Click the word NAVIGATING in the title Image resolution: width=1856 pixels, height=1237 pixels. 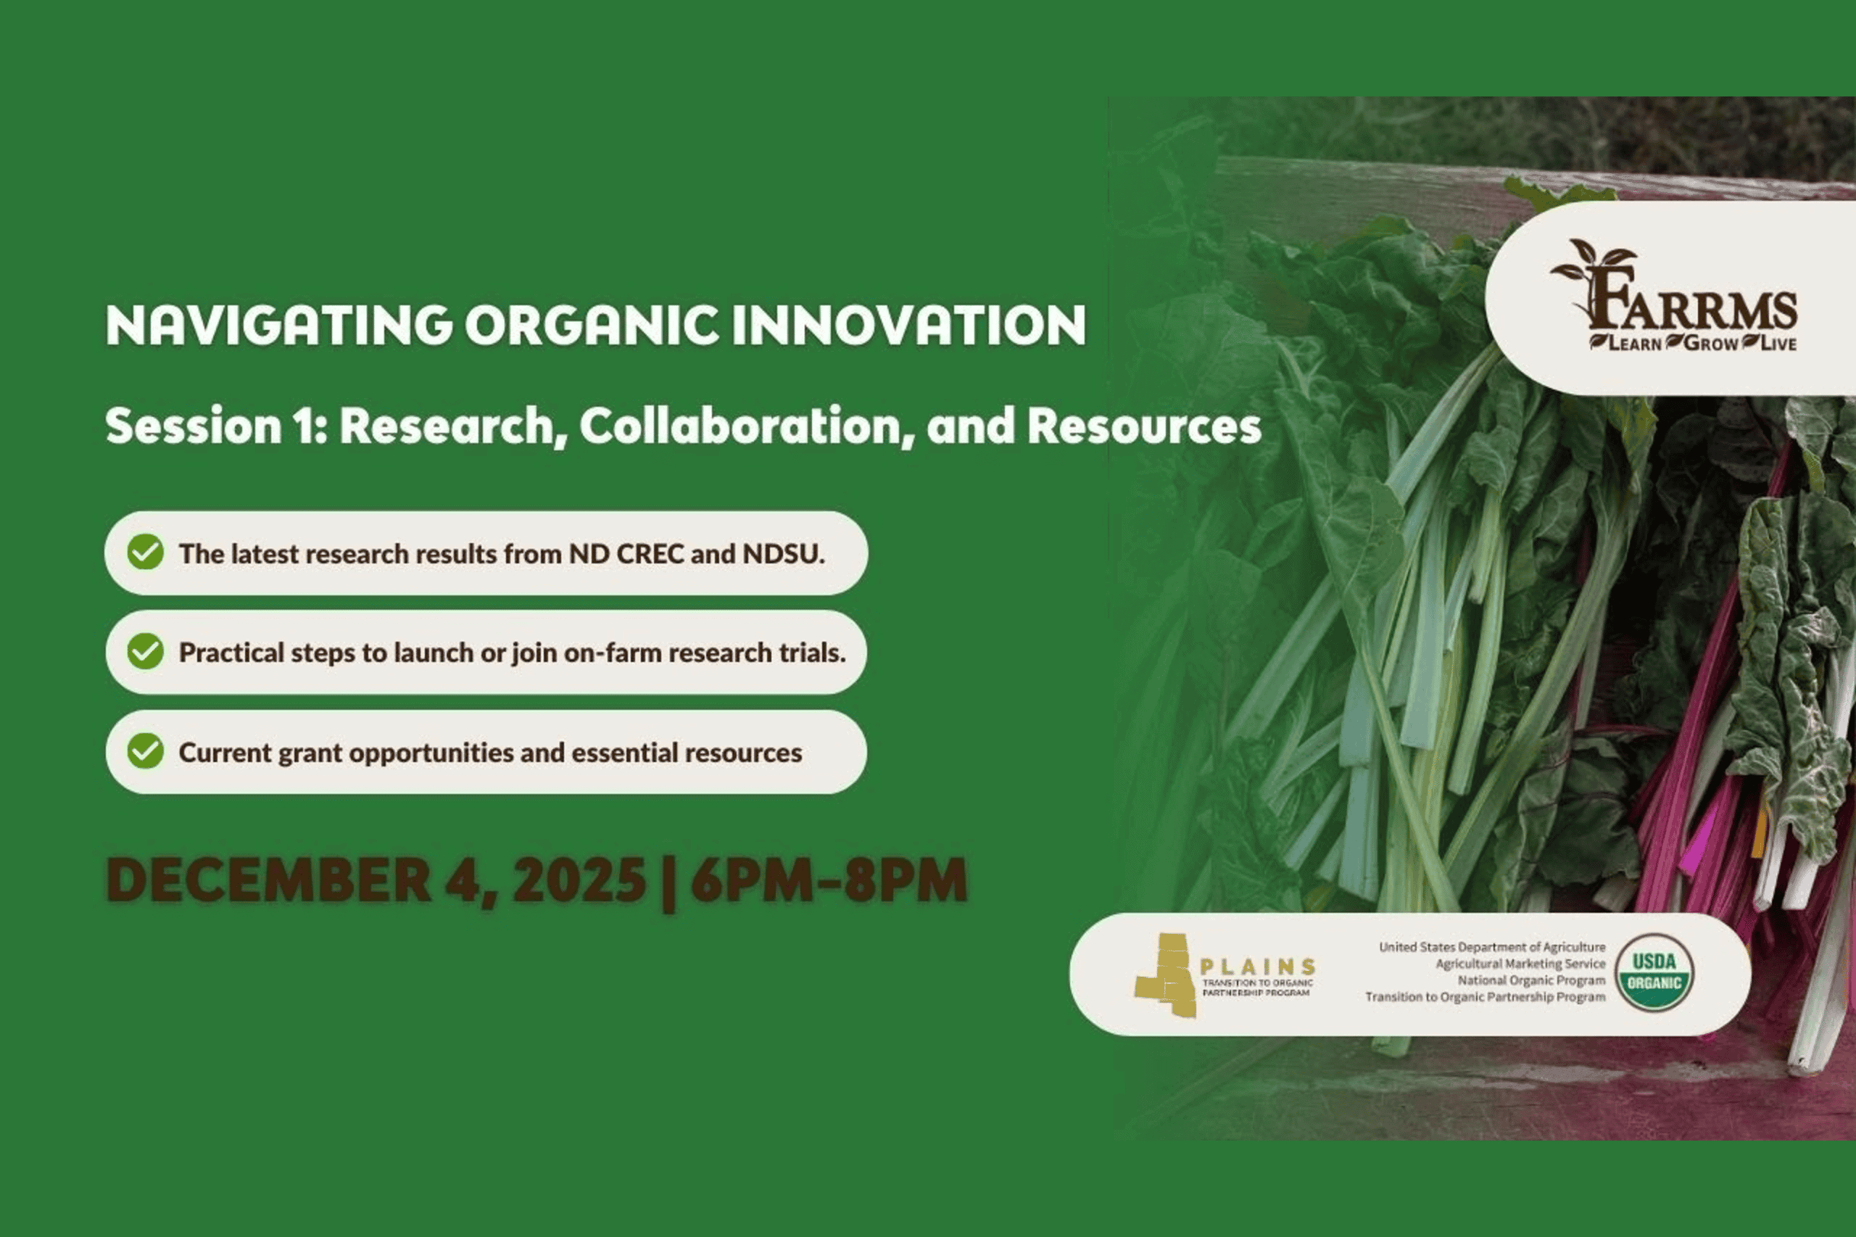tap(279, 325)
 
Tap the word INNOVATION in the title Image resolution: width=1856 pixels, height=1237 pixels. tap(908, 325)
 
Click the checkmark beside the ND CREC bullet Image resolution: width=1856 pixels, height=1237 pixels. tap(146, 552)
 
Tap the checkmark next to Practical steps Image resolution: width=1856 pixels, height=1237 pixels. tap(146, 651)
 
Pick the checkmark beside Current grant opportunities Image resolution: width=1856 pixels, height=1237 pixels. tap(146, 750)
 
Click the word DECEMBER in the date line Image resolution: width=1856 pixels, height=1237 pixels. tap(269, 880)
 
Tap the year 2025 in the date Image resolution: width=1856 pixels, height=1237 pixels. tap(579, 880)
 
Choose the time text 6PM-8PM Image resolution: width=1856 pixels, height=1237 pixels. tap(829, 880)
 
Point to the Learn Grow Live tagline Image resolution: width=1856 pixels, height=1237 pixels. tap(1693, 343)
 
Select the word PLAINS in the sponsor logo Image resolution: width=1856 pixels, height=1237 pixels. tap(1257, 967)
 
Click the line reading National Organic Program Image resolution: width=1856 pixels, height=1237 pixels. tap(1531, 980)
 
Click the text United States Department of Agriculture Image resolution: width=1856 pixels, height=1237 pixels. tap(1491, 947)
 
